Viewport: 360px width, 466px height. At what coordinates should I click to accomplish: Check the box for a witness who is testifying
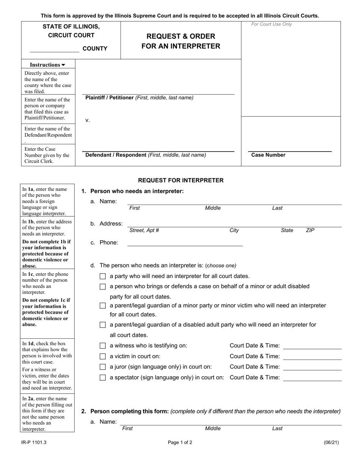(103, 346)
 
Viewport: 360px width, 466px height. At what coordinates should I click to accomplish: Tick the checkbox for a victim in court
(103, 356)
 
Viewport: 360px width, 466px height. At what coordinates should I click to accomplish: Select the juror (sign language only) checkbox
(103, 367)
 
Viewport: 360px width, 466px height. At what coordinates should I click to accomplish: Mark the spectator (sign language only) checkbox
(103, 377)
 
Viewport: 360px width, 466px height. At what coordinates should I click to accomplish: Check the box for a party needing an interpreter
(103, 276)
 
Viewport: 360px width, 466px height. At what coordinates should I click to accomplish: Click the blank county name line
(54, 49)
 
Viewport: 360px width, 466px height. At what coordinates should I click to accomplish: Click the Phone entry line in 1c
(185, 243)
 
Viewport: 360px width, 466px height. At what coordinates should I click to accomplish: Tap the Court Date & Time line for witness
(312, 346)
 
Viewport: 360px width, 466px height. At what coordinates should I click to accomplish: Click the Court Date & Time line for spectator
(312, 378)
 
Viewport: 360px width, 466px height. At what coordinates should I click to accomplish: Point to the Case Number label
(268, 155)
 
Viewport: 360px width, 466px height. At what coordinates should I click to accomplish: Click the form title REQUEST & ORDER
(181, 36)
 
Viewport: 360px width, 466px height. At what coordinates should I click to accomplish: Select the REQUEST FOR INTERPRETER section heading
(181, 180)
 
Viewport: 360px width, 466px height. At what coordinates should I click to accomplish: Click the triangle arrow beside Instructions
(63, 65)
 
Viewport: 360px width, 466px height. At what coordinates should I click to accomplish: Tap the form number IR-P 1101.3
(34, 442)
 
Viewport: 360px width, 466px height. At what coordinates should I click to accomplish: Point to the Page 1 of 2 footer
(180, 442)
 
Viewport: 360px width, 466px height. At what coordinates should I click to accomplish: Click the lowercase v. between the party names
(88, 120)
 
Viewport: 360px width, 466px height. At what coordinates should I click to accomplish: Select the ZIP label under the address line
(310, 230)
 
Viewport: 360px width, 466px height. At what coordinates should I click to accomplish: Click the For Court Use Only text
(272, 24)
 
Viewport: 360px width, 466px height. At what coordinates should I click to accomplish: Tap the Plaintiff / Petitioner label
(110, 98)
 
